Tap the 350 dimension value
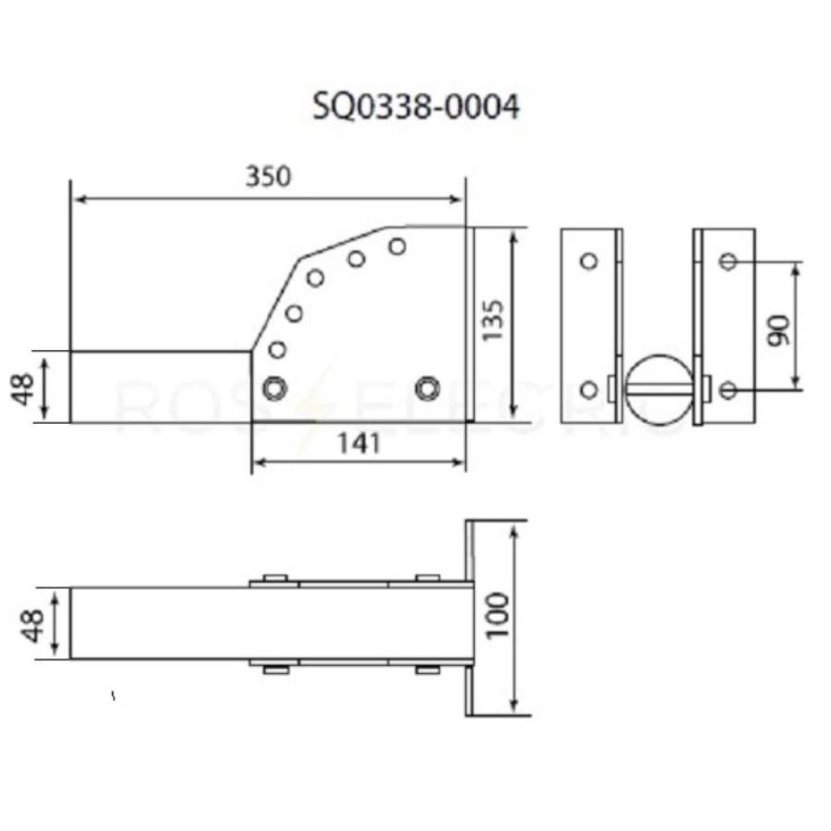[x=268, y=176]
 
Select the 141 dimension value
[x=359, y=444]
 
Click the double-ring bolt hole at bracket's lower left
[x=273, y=388]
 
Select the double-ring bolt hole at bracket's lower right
[x=427, y=388]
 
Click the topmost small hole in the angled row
[x=397, y=246]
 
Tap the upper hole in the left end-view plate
[x=588, y=260]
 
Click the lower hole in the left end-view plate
[x=588, y=389]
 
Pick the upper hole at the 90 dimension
[x=728, y=261]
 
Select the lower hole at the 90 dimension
[x=728, y=390]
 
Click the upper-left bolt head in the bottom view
[x=273, y=580]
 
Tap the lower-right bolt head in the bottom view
[x=427, y=668]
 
